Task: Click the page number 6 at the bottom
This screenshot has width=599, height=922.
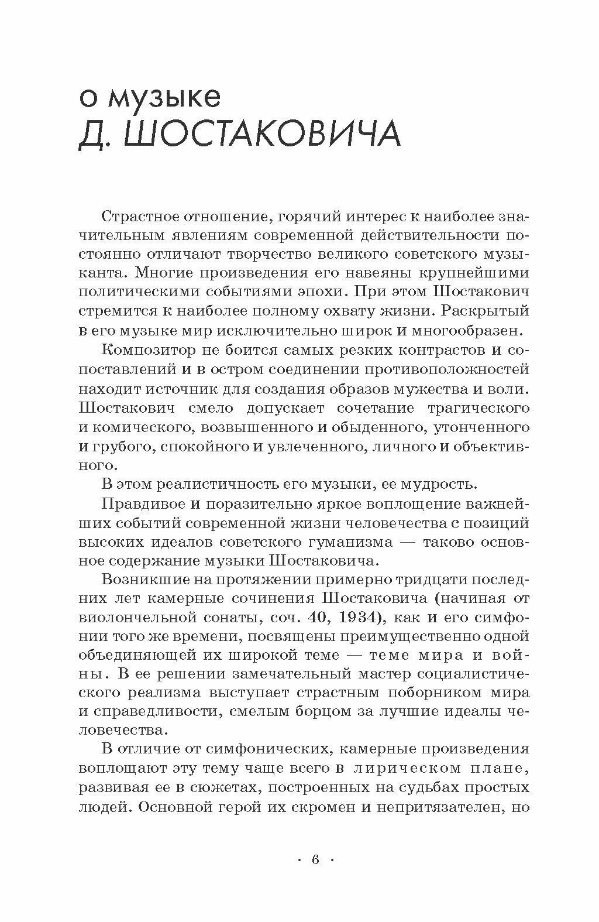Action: [x=315, y=860]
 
